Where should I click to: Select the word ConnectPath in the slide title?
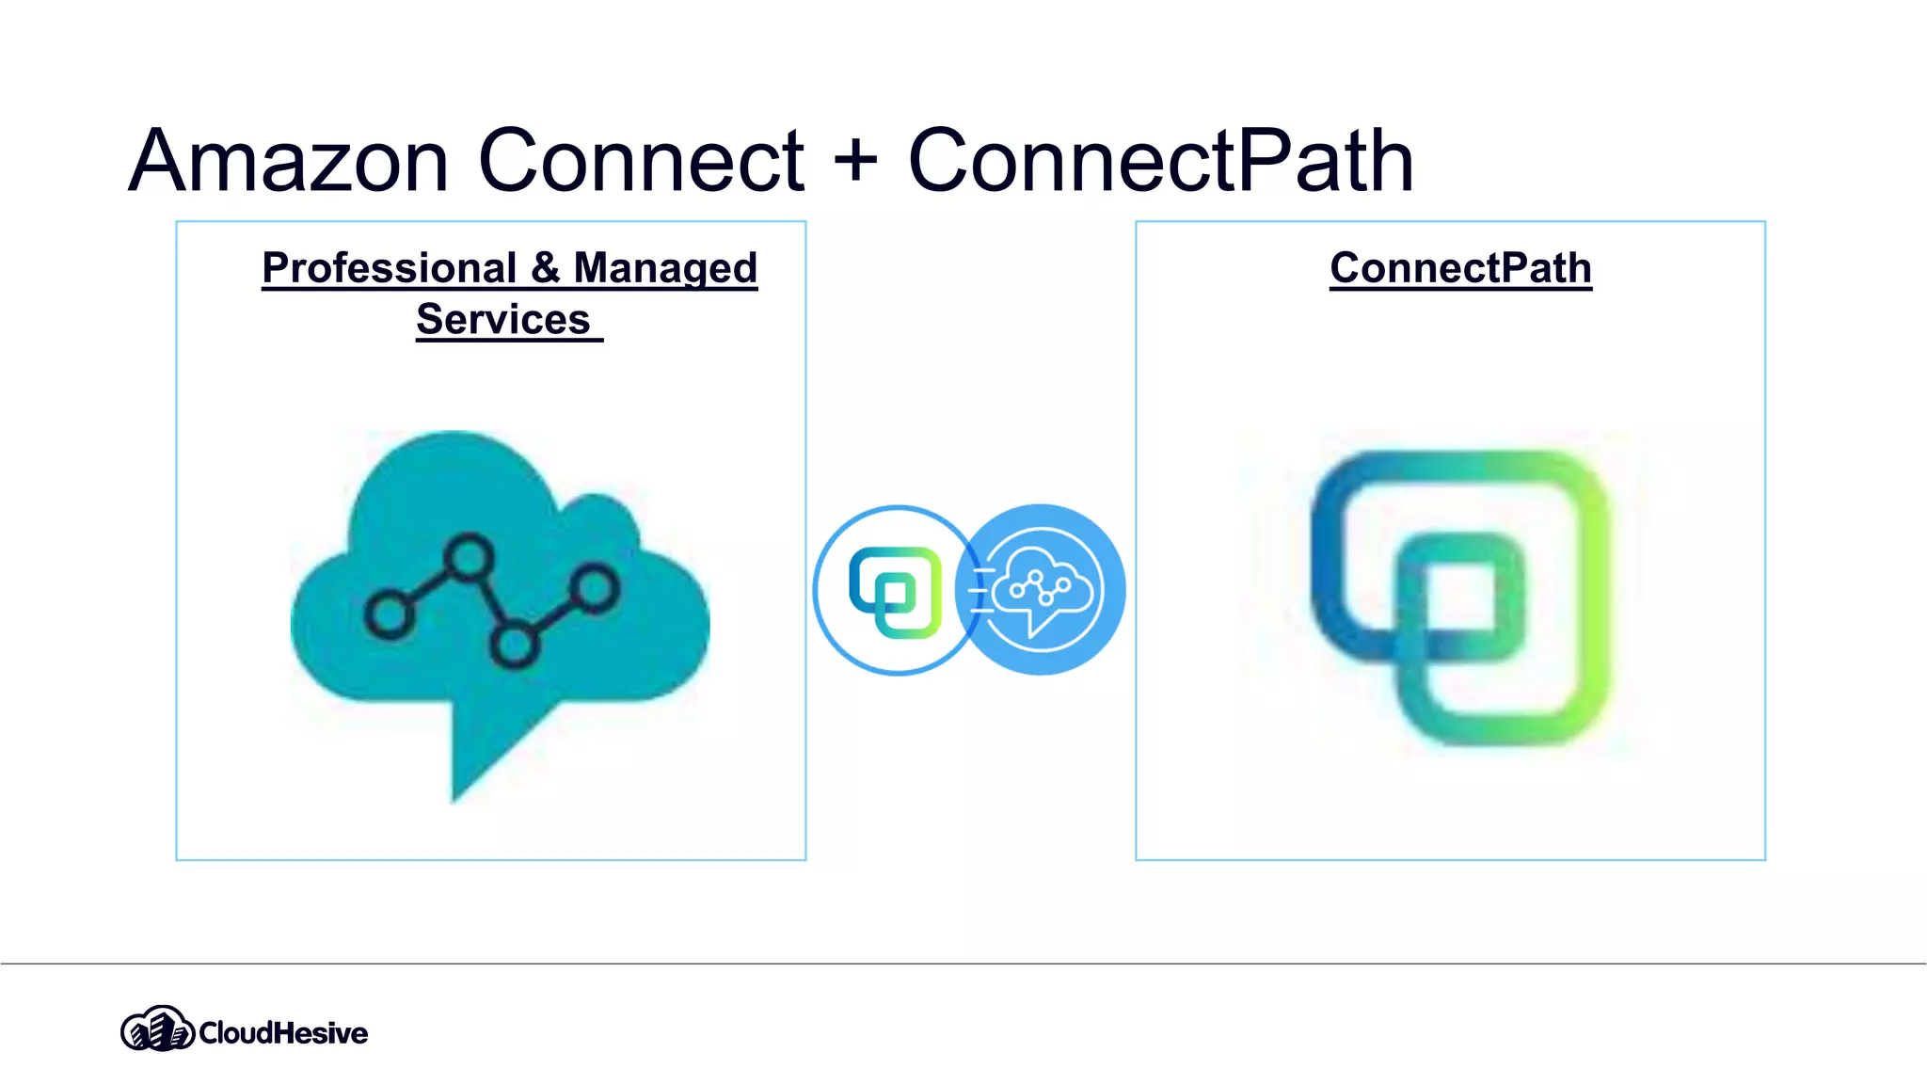tap(1160, 162)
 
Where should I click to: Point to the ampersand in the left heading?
tap(545, 268)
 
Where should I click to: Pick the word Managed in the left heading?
tap(665, 268)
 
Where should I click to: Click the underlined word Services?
tap(503, 320)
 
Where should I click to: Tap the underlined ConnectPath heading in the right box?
tap(1460, 268)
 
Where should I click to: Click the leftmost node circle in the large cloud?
tap(388, 615)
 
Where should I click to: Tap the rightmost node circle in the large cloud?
tap(595, 589)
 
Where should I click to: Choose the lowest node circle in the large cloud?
tap(514, 646)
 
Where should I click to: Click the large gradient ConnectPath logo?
tap(1459, 597)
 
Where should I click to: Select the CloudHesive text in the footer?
tap(283, 1033)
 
